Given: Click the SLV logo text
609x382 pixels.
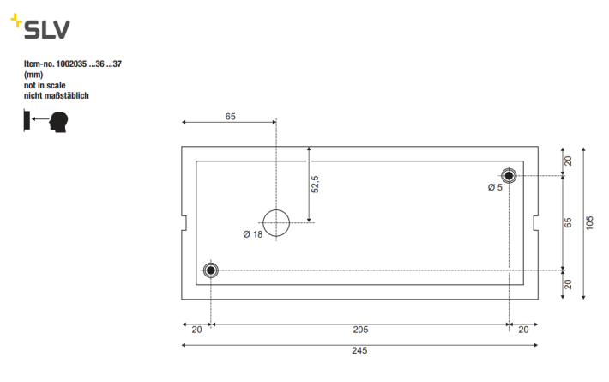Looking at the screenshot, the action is tap(47, 29).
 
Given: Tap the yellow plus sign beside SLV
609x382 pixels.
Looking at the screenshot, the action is tap(16, 21).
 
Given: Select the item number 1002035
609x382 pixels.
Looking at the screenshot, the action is tap(71, 64).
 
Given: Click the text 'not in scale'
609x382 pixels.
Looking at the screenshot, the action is tap(45, 85).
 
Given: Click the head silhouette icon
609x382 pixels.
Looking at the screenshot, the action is tap(58, 122).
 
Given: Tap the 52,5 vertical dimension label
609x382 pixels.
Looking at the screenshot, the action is tap(315, 185).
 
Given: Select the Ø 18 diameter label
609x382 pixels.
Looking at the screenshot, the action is tap(253, 234).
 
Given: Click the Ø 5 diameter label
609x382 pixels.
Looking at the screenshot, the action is tap(495, 187).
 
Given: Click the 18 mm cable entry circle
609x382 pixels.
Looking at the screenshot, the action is tap(276, 209).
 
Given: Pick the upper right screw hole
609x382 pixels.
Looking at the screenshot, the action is tap(509, 176).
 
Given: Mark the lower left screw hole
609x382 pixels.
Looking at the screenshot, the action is tap(211, 270).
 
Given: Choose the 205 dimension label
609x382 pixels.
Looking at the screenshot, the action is tap(360, 330).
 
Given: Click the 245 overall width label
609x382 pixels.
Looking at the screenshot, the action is tap(359, 350).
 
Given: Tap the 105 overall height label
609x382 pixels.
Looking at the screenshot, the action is tap(589, 223).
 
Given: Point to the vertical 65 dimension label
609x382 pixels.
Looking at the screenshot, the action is tap(568, 223).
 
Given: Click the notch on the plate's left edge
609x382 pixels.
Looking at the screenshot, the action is tap(184, 223).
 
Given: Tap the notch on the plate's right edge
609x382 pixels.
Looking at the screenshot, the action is tap(535, 223).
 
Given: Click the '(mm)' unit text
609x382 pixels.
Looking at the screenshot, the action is tap(33, 75).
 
